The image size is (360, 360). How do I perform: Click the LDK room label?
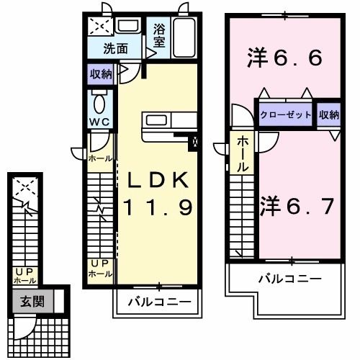159,180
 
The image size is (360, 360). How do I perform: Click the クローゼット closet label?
286,115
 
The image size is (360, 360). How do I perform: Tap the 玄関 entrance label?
32,301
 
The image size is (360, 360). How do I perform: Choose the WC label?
99,122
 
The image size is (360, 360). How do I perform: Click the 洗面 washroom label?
114,49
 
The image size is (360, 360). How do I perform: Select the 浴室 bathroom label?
159,36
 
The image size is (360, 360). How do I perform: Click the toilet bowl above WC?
99,99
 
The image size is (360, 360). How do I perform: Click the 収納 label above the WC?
101,73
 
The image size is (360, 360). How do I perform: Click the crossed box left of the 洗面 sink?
99,27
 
